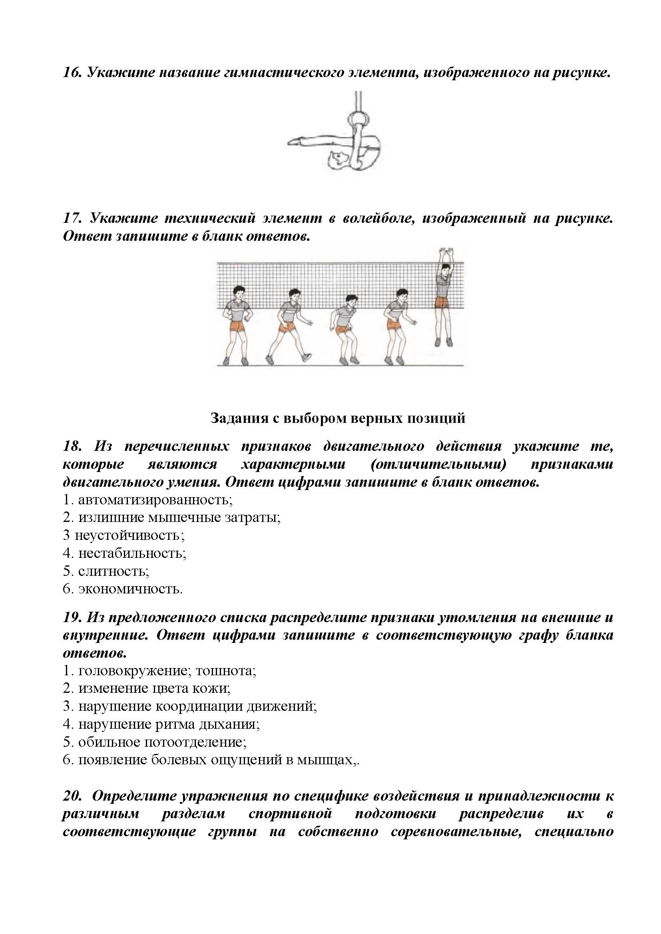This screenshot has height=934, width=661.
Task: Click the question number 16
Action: [x=72, y=73]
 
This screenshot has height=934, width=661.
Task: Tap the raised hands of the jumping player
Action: [x=446, y=253]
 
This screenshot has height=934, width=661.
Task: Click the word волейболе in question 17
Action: [x=375, y=218]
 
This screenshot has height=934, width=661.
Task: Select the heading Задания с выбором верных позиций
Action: [x=338, y=418]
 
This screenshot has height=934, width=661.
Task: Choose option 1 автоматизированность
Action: [x=155, y=499]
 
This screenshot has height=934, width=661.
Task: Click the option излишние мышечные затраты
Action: [x=179, y=517]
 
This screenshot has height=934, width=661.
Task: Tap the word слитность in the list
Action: [x=113, y=571]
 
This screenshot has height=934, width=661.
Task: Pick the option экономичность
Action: [x=130, y=589]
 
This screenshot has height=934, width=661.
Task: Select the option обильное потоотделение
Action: [x=162, y=742]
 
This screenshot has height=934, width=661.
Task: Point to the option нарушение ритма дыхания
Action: [x=169, y=724]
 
